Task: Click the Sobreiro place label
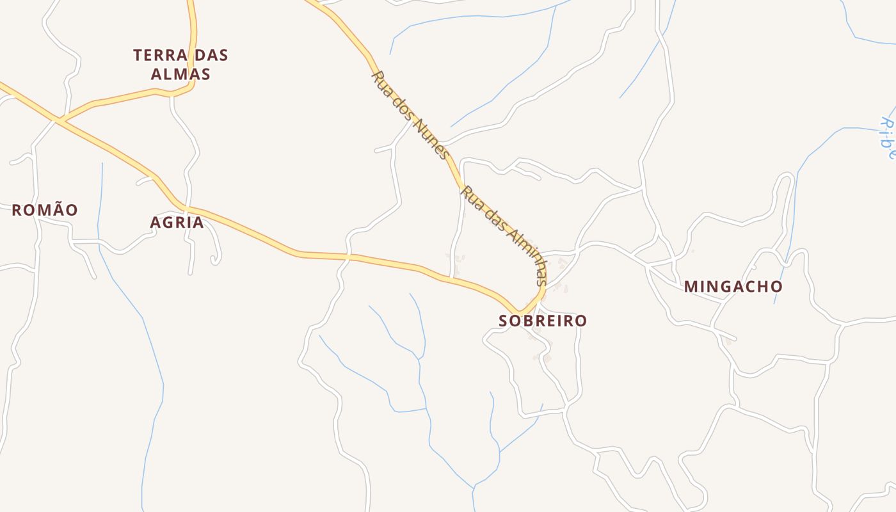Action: [x=543, y=321]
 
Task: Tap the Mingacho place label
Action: [x=733, y=287]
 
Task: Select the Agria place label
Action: [x=177, y=223]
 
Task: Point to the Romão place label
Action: [x=45, y=210]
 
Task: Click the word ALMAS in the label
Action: [x=180, y=74]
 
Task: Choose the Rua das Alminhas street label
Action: [x=505, y=236]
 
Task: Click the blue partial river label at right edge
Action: [x=887, y=137]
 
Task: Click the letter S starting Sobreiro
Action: [x=504, y=321]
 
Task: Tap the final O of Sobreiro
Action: [x=580, y=321]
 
